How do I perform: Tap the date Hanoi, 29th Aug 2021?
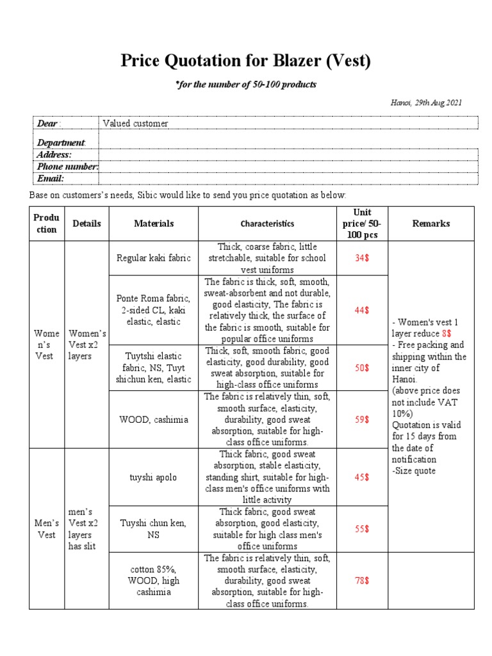pos(426,102)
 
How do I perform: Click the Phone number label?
pos(67,167)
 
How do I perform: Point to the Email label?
pos(51,179)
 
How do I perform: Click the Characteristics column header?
pos(267,224)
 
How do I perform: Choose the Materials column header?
pos(154,224)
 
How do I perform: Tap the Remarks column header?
pos(430,224)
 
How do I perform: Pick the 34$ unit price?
pos(362,258)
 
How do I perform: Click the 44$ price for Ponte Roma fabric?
pos(362,310)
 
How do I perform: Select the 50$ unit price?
pos(362,368)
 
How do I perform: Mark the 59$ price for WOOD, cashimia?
pos(362,420)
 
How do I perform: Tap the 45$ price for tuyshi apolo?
pos(362,477)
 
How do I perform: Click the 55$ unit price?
pos(362,529)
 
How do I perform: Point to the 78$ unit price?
pos(362,581)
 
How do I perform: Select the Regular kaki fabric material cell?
pos(154,258)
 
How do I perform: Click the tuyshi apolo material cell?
pos(154,477)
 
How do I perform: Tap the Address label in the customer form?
pos(54,154)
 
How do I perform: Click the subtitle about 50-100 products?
pos(246,85)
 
